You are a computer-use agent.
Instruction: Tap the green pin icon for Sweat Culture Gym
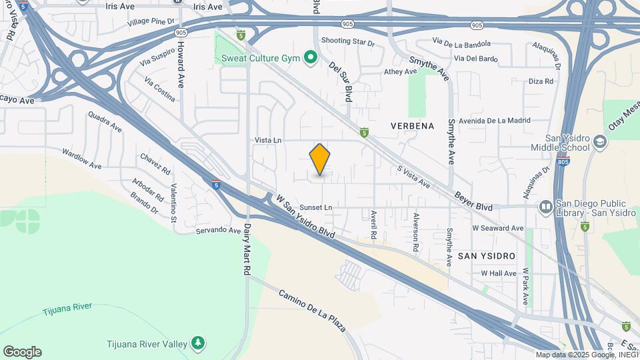(x=310, y=58)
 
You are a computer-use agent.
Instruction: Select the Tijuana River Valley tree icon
(x=198, y=343)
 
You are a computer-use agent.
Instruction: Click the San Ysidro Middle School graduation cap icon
(x=600, y=141)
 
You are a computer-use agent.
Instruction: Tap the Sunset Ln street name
(x=315, y=207)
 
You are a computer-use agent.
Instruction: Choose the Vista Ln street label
(x=269, y=140)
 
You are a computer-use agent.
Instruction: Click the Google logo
(x=22, y=352)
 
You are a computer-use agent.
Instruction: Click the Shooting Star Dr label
(x=348, y=41)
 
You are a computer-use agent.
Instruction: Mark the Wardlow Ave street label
(x=81, y=158)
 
